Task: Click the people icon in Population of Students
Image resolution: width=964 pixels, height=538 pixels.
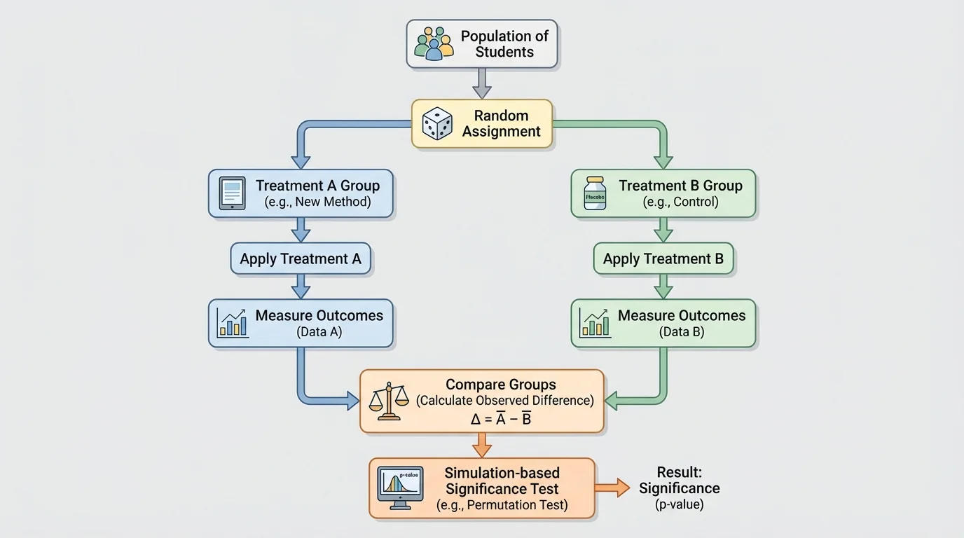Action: pos(434,43)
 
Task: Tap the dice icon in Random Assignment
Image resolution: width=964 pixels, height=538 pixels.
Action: pos(437,123)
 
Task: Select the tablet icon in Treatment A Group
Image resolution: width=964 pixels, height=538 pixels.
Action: pos(233,193)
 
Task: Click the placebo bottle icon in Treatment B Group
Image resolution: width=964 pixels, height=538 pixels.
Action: pos(595,193)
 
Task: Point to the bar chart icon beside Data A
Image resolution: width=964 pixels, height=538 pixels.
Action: pos(233,323)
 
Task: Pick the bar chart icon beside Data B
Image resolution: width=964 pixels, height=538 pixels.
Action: pos(595,323)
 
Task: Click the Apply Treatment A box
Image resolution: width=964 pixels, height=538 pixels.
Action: pos(301,259)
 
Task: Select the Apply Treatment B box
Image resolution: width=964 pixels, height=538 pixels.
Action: pos(663,259)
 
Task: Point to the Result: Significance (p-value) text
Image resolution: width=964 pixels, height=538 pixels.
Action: pos(678,488)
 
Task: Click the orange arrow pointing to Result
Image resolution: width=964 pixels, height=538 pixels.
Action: pos(612,488)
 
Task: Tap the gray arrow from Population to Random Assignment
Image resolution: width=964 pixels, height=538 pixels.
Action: pos(482,83)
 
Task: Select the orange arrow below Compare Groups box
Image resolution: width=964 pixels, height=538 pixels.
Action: pos(482,445)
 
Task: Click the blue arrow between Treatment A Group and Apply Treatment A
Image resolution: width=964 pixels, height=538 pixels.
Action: pos(301,230)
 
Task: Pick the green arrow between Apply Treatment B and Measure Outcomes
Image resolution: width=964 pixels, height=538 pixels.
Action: pos(663,286)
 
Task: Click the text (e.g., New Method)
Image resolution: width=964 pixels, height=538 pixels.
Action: pos(317,202)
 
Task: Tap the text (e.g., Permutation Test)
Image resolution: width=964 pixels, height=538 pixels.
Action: pos(502,505)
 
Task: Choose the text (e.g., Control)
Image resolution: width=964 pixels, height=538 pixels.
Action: pos(680,202)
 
